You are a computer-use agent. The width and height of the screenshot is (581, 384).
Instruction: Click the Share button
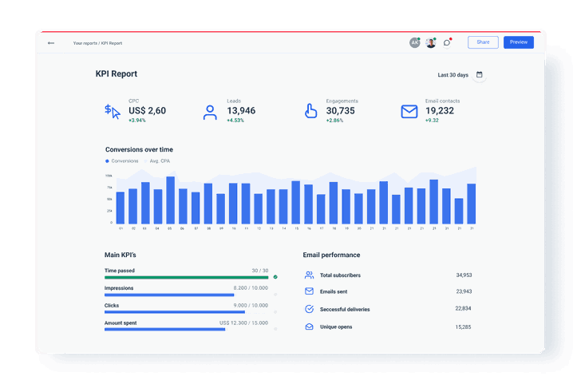pyautogui.click(x=483, y=42)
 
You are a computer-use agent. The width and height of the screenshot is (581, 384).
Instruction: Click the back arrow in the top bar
pyautogui.click(x=51, y=43)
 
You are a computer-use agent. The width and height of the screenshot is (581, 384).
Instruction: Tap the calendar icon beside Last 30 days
pyautogui.click(x=479, y=75)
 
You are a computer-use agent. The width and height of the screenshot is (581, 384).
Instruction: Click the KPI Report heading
pyautogui.click(x=117, y=74)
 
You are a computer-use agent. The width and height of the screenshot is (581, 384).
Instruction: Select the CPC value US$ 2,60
pyautogui.click(x=147, y=111)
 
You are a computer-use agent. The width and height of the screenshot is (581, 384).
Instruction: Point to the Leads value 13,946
pyautogui.click(x=241, y=111)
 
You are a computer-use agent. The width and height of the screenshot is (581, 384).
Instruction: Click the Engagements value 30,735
pyautogui.click(x=341, y=111)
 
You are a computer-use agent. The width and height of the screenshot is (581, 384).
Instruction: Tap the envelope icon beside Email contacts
pyautogui.click(x=409, y=112)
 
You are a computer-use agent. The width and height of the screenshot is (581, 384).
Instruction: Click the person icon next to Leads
pyautogui.click(x=210, y=112)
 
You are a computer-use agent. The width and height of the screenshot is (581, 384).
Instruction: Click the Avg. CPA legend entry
pyautogui.click(x=160, y=161)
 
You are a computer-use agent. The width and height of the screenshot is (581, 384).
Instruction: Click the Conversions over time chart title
pyautogui.click(x=139, y=149)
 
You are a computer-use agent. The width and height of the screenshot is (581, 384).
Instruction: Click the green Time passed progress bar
pyautogui.click(x=186, y=277)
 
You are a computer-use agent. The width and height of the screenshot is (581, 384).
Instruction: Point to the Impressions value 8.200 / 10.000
pyautogui.click(x=251, y=288)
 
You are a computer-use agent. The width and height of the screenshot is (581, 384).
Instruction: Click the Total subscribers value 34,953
pyautogui.click(x=464, y=275)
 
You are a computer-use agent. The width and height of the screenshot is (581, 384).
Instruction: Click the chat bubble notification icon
pyautogui.click(x=447, y=42)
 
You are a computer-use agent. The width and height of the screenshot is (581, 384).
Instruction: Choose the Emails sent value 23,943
pyautogui.click(x=464, y=291)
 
